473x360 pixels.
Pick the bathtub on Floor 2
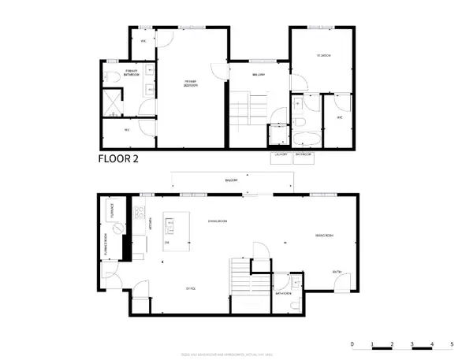(304, 139)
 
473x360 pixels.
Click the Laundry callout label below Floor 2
(281, 155)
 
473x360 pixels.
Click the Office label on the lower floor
(190, 289)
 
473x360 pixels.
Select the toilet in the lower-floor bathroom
(293, 303)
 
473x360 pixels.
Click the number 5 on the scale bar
(452, 345)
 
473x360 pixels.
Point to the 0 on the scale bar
(352, 345)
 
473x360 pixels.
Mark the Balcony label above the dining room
(231, 181)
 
